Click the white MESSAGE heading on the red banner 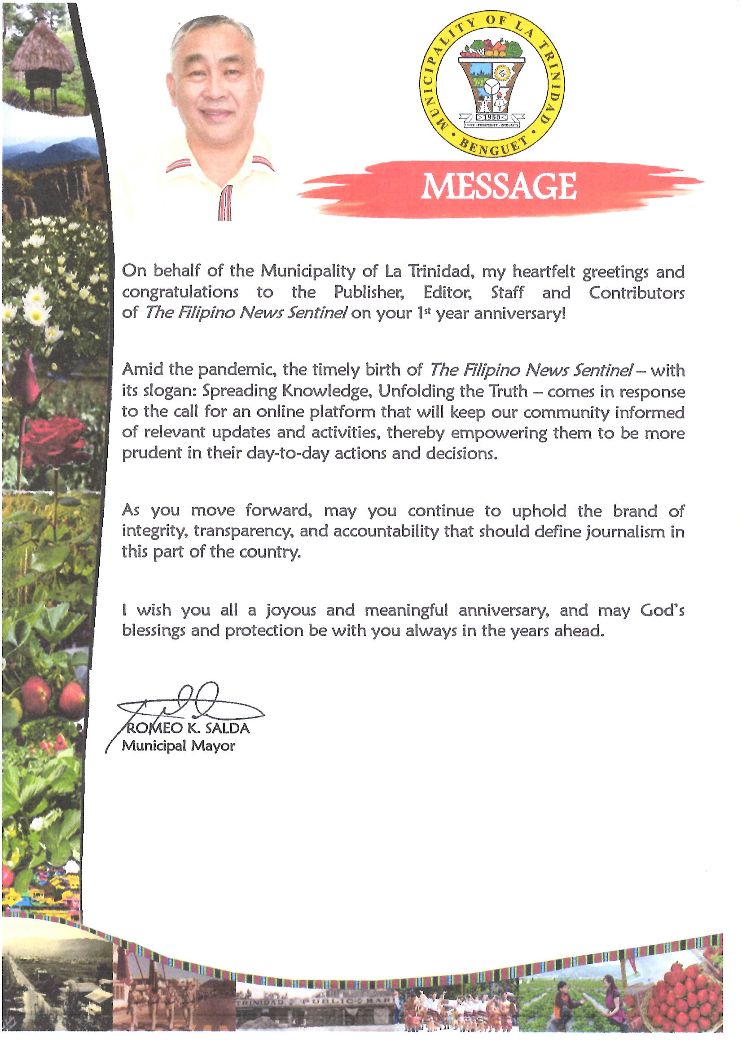(x=498, y=186)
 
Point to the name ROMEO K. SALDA (x=187, y=728)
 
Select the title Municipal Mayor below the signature (x=178, y=746)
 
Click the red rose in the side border (x=53, y=439)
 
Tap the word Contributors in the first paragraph (x=637, y=293)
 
